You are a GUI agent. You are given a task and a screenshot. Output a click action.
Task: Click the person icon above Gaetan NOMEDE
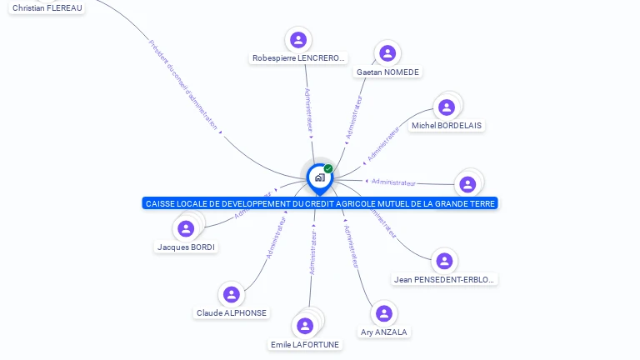point(387,53)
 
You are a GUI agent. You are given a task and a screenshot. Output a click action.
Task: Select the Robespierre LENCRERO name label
point(298,58)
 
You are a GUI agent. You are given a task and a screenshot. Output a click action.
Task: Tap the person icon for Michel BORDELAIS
point(447,107)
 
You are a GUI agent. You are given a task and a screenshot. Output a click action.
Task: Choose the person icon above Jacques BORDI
point(186,228)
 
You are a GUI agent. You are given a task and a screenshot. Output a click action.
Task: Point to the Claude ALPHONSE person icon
point(232,294)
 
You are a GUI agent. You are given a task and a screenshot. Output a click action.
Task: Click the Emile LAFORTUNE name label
point(305,344)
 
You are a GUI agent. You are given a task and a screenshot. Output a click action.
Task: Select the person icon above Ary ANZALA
point(384,313)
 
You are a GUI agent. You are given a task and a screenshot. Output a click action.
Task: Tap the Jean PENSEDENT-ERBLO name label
point(445,280)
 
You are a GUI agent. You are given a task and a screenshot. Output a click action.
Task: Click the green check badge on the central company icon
point(328,168)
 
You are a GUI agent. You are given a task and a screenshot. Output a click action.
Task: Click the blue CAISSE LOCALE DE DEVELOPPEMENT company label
point(320,203)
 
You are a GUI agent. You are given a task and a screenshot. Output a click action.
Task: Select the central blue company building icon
point(319,177)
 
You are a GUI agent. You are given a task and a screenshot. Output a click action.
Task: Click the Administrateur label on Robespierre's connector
point(307,109)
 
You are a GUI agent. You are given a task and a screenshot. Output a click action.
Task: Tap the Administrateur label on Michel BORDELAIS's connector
point(383,143)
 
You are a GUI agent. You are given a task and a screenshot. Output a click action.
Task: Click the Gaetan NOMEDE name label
point(387,72)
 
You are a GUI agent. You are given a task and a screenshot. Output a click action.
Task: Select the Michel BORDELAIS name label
point(447,126)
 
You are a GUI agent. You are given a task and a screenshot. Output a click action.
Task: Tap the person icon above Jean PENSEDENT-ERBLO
point(445,261)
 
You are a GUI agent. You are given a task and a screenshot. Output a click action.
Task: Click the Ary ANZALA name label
point(384,332)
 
